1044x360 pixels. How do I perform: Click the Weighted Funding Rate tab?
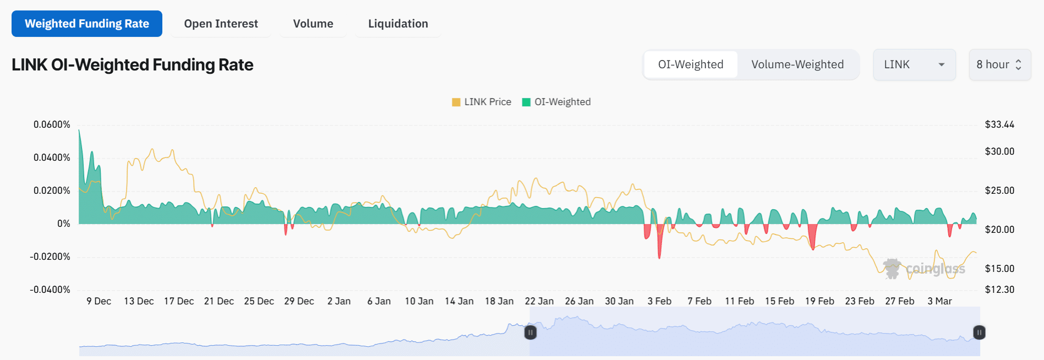[87, 24]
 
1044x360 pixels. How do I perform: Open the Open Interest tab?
[221, 24]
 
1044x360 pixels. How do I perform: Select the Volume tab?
[313, 24]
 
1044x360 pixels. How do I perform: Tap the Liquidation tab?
[398, 24]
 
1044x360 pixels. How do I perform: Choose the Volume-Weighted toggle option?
[797, 64]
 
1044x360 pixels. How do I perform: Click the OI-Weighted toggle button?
[691, 64]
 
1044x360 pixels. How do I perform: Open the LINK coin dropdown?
[914, 64]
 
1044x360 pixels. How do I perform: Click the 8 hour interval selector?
[999, 64]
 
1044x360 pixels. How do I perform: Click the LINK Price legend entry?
[482, 102]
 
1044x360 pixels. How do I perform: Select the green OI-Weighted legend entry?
[556, 102]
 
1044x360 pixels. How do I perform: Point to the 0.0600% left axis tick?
[52, 124]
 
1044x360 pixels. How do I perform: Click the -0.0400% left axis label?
[50, 290]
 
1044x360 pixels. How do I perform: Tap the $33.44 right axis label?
[999, 124]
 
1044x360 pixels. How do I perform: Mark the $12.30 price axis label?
[999, 290]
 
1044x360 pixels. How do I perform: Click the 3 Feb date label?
[659, 301]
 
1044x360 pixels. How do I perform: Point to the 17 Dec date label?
[179, 301]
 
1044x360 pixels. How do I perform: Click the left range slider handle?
[530, 332]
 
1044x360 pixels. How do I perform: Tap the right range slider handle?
[979, 332]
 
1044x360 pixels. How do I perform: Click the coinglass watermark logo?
[925, 269]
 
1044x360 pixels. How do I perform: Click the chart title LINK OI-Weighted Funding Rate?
[132, 65]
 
